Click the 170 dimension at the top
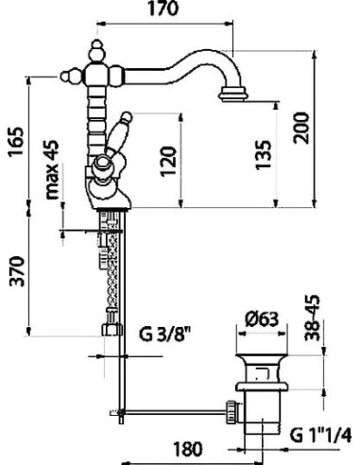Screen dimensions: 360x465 click(163, 9)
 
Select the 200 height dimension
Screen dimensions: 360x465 click(301, 129)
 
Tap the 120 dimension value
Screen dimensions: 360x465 click(167, 162)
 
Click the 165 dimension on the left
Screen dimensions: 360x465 click(16, 142)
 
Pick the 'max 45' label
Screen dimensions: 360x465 click(52, 169)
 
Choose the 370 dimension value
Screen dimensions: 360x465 click(16, 271)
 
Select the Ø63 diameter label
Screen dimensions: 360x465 click(262, 319)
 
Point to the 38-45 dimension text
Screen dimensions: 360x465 click(312, 319)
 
